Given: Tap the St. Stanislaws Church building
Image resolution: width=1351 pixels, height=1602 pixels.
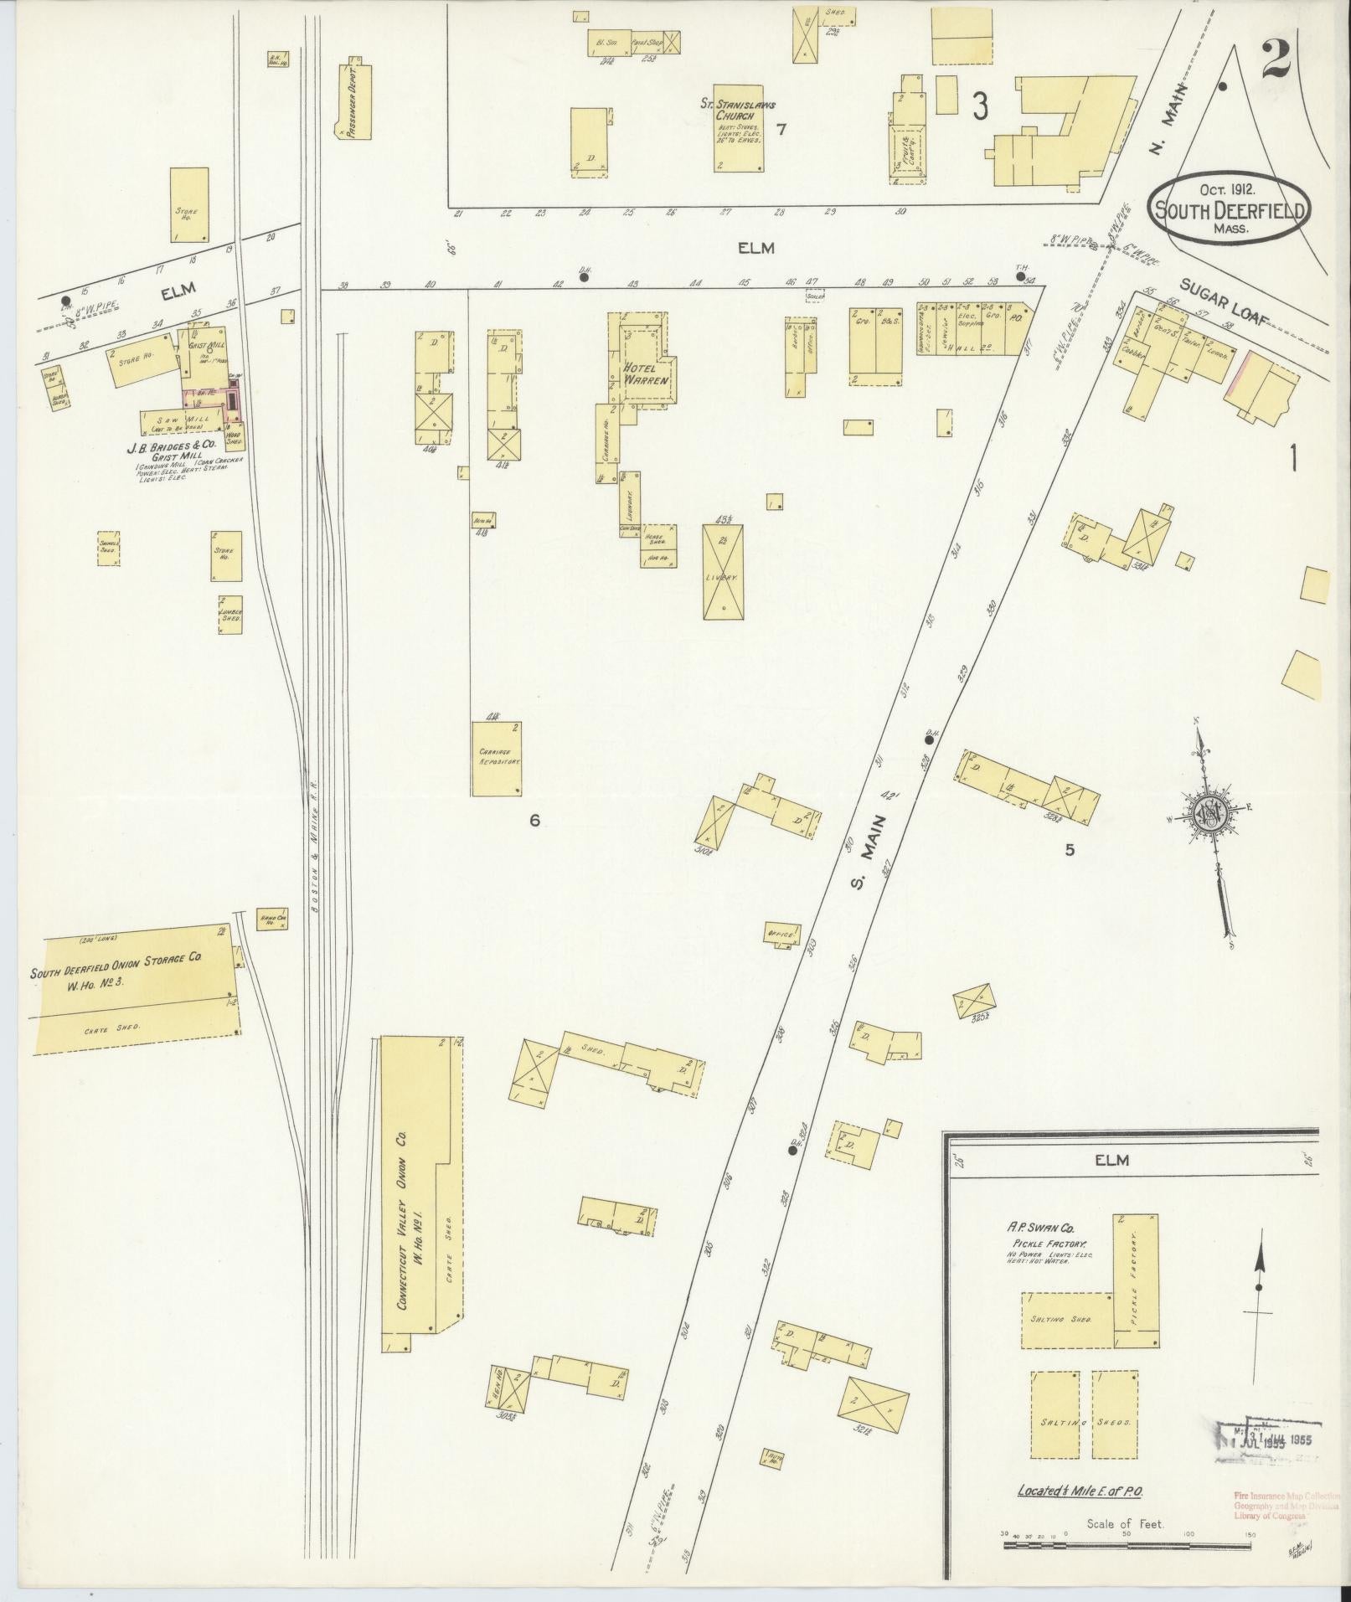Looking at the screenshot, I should coord(738,127).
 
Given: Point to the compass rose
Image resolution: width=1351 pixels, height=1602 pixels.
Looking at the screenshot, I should coord(1212,811).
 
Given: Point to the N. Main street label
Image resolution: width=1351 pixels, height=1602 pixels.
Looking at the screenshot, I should coord(1168,121).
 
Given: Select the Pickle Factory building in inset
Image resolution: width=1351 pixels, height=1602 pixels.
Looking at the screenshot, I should coord(1136,1279).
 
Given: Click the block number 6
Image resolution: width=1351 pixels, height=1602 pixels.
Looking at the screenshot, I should coord(534,821).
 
